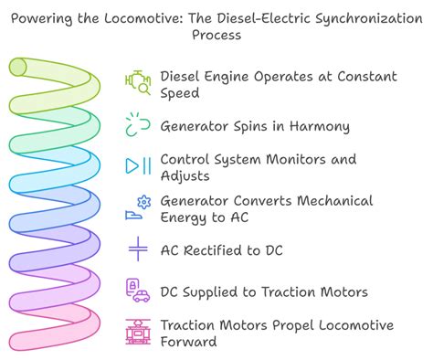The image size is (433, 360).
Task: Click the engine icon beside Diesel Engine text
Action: pos(138,84)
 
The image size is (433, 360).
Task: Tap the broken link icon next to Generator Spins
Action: pos(138,125)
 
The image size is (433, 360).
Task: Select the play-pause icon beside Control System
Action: pos(138,166)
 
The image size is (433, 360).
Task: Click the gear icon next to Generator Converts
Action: pos(143,201)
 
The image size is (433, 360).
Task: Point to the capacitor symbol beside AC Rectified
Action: pos(138,249)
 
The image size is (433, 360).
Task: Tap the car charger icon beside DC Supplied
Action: pos(138,291)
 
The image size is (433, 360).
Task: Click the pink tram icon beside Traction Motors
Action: pos(138,333)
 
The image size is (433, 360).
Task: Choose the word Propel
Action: pos(285,324)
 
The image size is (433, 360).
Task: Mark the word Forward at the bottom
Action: pos(189,342)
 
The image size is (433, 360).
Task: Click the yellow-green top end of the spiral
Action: pos(16,66)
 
